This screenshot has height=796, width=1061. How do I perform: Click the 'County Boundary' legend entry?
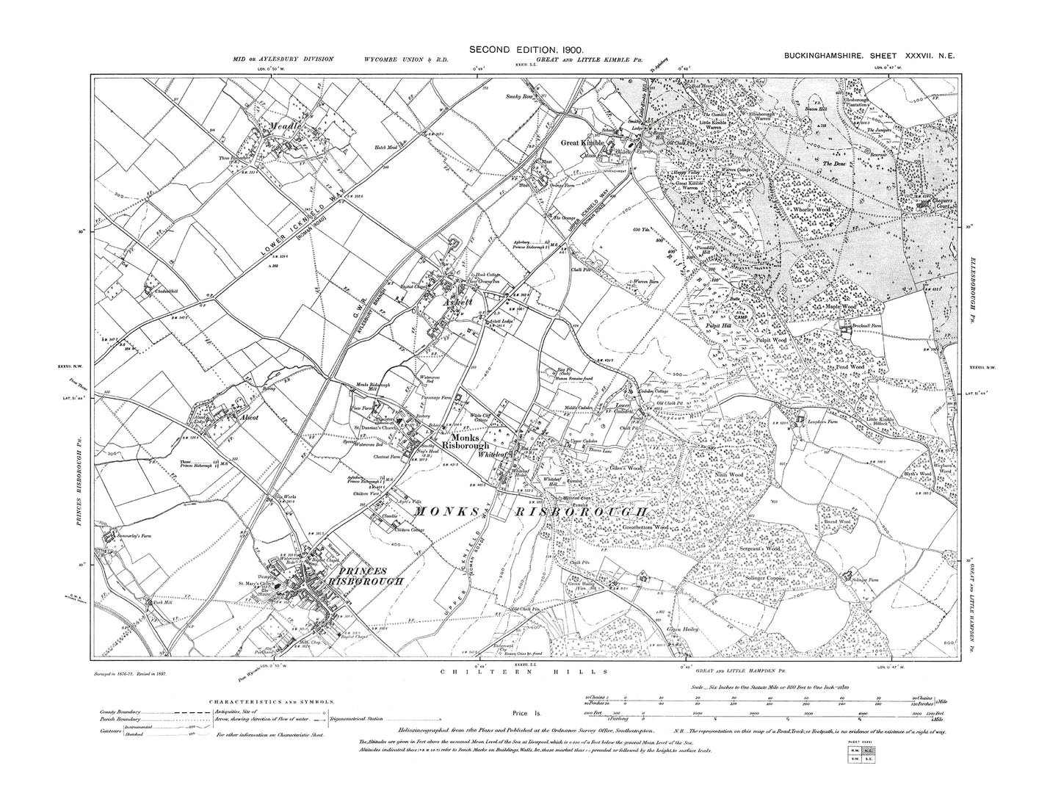point(120,712)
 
